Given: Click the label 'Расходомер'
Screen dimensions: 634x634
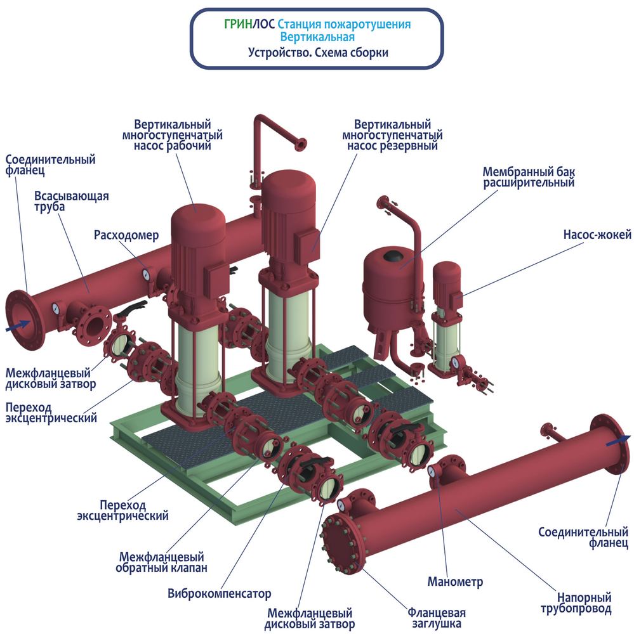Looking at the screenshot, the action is pos(126,235).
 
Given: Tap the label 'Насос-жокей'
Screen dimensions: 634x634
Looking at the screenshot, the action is pos(597,235).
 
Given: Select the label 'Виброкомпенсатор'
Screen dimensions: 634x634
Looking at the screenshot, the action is pos(219,593).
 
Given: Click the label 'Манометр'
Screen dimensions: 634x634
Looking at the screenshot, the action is pos(455,581).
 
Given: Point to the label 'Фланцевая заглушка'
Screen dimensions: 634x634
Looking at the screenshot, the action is pos(437,618).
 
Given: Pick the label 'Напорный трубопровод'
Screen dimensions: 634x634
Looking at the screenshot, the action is pos(576,603).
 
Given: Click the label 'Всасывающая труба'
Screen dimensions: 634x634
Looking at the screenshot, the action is pos(71,201).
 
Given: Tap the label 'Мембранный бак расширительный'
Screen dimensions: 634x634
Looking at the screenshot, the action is pos(528,177).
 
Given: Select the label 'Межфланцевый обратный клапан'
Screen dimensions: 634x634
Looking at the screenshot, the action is pos(161,562).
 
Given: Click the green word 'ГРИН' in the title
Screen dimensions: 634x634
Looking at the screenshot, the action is pos(239,24).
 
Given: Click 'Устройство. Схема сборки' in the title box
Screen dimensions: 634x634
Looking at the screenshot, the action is pos(318,53).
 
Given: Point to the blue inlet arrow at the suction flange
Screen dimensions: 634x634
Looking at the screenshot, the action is pos(18,325).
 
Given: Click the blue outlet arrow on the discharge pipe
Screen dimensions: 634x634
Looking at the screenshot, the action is pos(618,440).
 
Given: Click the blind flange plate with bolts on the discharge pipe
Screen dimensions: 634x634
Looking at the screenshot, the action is pos(340,543).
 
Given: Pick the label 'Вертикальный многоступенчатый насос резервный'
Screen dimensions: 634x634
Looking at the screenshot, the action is pos(392,135).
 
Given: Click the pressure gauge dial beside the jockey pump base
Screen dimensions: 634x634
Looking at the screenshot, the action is pos(456,361).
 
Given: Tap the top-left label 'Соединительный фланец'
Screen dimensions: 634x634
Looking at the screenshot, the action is pos(50,165).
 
